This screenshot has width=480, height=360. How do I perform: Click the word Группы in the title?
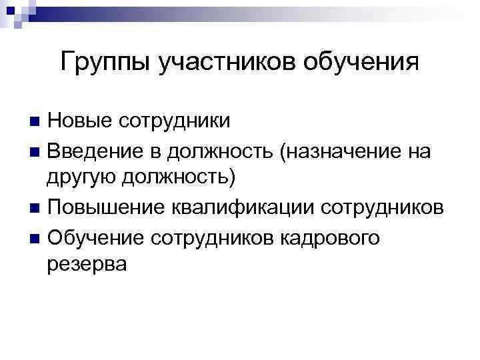click(106, 63)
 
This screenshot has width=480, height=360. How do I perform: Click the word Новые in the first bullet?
click(78, 121)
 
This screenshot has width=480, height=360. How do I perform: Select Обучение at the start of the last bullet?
click(95, 236)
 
